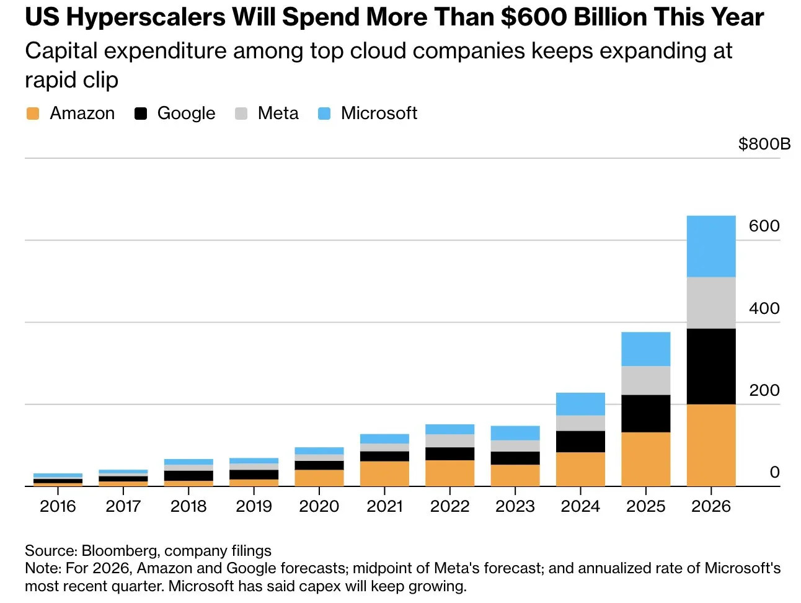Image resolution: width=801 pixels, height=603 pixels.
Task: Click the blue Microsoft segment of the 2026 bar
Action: [x=711, y=246]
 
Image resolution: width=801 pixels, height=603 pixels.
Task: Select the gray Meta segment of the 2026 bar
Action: [x=711, y=303]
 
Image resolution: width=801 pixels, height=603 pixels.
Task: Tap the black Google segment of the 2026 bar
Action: [x=711, y=366]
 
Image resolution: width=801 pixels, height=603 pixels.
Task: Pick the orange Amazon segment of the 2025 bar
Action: [x=645, y=459]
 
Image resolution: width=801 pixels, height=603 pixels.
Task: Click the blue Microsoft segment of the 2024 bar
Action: [x=580, y=404]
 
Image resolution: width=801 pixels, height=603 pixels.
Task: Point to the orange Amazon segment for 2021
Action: [x=384, y=473]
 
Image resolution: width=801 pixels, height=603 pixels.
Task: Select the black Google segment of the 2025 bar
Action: [x=645, y=413]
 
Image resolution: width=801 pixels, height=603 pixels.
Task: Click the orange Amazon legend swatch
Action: [x=33, y=114]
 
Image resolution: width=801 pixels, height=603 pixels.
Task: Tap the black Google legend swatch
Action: [x=141, y=114]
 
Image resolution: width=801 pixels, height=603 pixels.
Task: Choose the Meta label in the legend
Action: [x=278, y=114]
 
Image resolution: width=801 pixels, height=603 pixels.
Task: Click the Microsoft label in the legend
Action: [x=379, y=114]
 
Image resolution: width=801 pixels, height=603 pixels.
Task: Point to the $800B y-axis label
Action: [x=764, y=144]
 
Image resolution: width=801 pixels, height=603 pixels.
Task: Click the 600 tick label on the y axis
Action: [x=764, y=226]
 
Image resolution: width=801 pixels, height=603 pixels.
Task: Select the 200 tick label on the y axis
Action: [x=764, y=390]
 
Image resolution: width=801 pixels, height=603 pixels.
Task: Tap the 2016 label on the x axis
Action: [x=58, y=506]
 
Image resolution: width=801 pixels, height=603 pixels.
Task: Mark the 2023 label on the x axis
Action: [x=515, y=506]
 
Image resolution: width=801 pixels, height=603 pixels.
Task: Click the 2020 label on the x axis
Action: [x=319, y=506]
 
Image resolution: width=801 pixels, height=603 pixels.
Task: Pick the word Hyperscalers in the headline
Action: [x=146, y=17]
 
